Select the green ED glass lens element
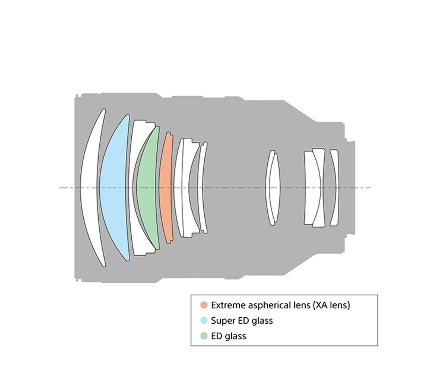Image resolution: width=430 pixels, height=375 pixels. point(147,188)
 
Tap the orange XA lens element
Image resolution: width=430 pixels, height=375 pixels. point(166,188)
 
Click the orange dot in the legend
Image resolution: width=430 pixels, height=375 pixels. point(204,305)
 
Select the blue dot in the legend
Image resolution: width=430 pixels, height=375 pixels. point(204,321)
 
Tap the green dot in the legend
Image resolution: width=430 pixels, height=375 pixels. point(204,336)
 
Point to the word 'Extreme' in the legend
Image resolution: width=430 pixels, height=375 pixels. point(229,305)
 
